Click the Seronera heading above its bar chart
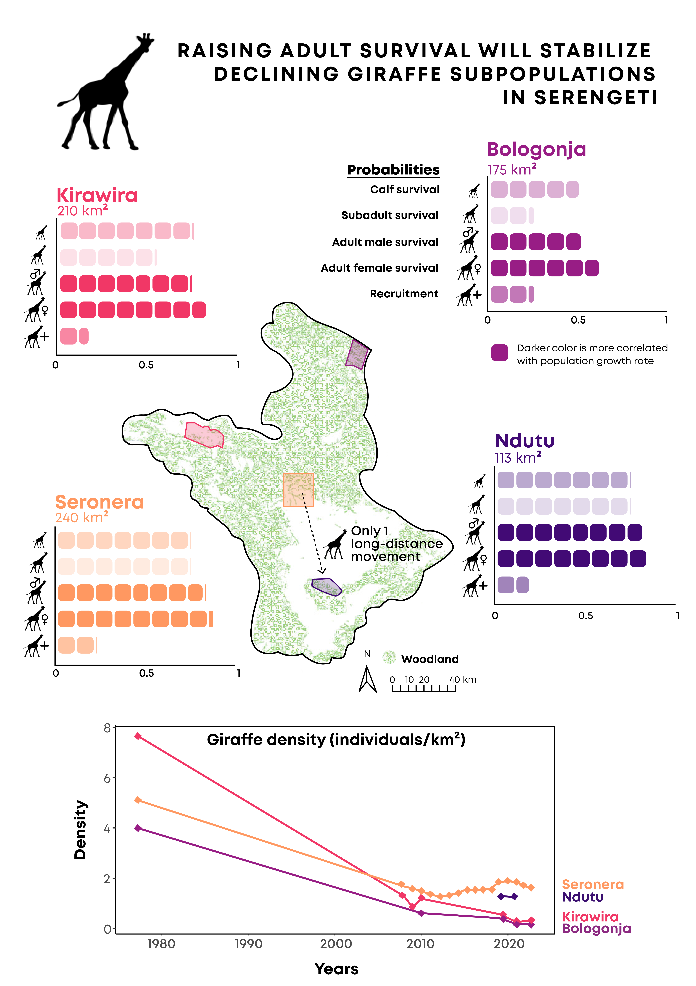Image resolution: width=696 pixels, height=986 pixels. pyautogui.click(x=100, y=502)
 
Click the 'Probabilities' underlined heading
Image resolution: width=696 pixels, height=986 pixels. pyautogui.click(x=393, y=170)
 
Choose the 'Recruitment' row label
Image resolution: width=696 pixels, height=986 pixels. pyautogui.click(x=404, y=294)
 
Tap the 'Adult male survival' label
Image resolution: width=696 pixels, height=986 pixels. pyautogui.click(x=385, y=242)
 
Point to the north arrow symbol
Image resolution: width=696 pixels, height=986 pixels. pyautogui.click(x=368, y=678)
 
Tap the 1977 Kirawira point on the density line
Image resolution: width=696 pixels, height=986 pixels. pyautogui.click(x=138, y=736)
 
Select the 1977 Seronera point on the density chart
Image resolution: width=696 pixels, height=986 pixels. pyautogui.click(x=138, y=800)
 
